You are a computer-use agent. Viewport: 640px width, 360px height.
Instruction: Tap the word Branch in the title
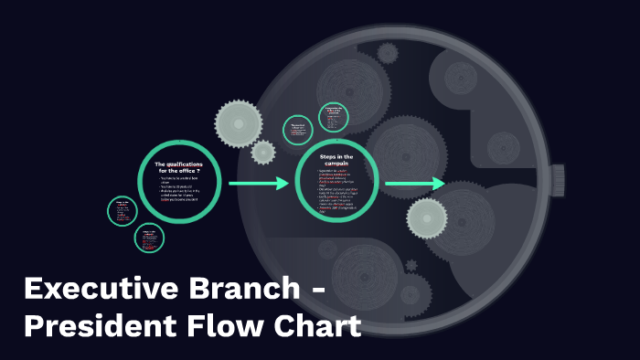pos(236,290)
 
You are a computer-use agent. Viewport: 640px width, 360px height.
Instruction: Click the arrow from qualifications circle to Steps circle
pos(258,184)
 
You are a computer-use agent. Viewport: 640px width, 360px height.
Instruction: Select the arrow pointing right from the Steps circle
pos(413,184)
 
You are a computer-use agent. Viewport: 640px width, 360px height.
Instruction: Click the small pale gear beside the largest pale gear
pos(263,152)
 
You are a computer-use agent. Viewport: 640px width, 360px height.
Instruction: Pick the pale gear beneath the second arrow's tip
pos(426,217)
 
